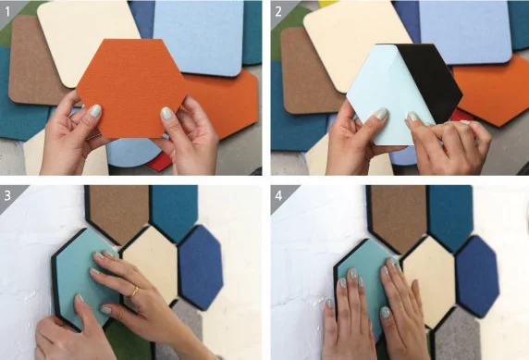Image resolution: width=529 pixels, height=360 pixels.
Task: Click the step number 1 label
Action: click(x=7, y=12)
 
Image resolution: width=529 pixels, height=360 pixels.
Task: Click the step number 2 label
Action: click(x=278, y=12)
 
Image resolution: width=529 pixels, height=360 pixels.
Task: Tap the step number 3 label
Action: click(x=7, y=195)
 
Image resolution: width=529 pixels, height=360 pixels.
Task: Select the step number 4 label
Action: click(x=278, y=195)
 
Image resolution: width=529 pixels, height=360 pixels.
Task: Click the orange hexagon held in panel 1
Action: click(x=131, y=89)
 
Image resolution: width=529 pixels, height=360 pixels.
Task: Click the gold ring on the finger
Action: click(x=134, y=292)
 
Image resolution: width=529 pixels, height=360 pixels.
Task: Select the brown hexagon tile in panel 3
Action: click(x=118, y=213)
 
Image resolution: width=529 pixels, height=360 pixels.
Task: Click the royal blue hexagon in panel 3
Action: click(x=200, y=267)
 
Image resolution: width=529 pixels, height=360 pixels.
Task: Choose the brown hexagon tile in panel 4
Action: click(x=398, y=217)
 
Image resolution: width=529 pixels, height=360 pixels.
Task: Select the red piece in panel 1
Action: click(x=159, y=163)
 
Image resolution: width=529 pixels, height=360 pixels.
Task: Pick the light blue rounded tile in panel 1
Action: click(x=199, y=37)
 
